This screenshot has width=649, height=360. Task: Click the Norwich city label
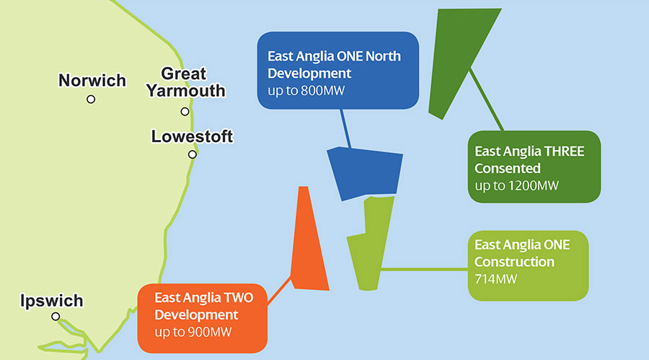coord(92,80)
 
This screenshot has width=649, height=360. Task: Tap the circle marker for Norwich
coord(91,100)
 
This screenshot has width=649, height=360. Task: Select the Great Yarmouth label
coord(185,82)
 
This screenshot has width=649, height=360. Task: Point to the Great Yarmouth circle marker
coord(185,112)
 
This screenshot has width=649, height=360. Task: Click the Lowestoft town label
coord(192,136)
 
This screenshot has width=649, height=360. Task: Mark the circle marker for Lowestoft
coord(193,154)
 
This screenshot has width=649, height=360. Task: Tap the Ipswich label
coord(51,301)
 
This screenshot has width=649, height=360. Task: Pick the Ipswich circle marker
coord(56,317)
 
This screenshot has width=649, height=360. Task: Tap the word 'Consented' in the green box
coord(508,169)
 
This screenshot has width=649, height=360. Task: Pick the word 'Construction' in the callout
coord(514,262)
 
